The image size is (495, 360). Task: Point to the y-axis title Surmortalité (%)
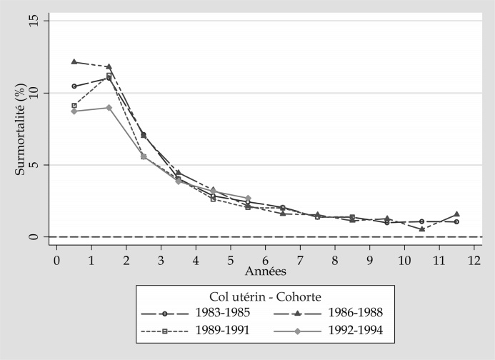(21, 131)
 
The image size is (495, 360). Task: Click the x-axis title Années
(266, 271)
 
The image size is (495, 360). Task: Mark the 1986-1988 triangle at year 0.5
(74, 62)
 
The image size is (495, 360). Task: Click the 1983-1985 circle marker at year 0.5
(74, 86)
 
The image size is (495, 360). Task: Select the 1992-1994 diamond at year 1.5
(109, 108)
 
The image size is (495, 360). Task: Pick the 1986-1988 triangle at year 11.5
(456, 214)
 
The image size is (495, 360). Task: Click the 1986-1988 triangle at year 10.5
(422, 229)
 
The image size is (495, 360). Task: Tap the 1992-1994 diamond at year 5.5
(248, 198)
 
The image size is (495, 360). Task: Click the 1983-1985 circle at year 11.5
(456, 221)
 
